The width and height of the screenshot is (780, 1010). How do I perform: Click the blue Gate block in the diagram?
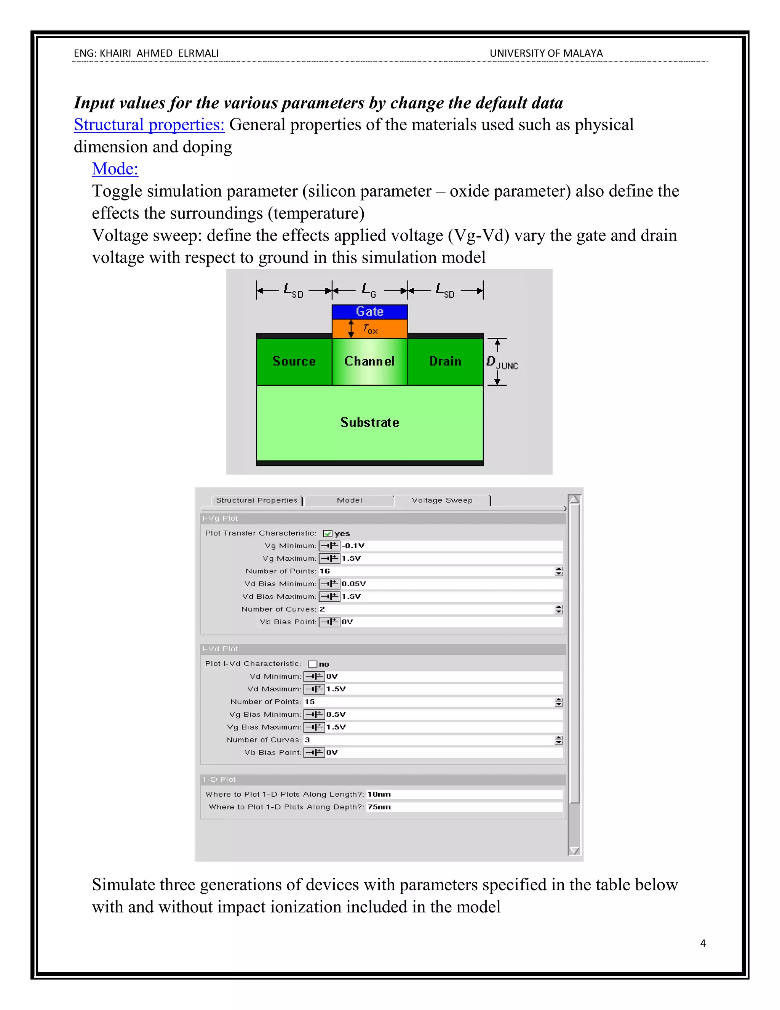pyautogui.click(x=370, y=311)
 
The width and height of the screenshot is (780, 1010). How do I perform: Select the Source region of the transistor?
pyautogui.click(x=294, y=361)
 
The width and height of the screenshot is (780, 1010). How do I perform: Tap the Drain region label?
pyautogui.click(x=445, y=361)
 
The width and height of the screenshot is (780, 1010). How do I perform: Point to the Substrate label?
pyautogui.click(x=370, y=422)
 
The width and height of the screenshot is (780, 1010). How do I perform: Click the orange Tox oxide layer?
pyautogui.click(x=370, y=329)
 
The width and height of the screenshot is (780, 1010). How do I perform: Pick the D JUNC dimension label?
pyautogui.click(x=502, y=362)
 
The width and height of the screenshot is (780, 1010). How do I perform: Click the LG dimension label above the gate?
pyautogui.click(x=369, y=290)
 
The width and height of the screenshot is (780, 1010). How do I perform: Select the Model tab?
pyautogui.click(x=349, y=500)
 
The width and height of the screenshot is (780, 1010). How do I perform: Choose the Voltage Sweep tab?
pyautogui.click(x=442, y=500)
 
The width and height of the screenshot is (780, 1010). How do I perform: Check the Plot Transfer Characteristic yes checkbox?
pyautogui.click(x=328, y=534)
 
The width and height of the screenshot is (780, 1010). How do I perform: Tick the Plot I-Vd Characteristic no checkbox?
pyautogui.click(x=312, y=664)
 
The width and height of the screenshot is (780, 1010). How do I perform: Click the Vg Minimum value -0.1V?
pyautogui.click(x=353, y=546)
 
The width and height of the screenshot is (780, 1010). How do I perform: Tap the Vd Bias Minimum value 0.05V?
pyautogui.click(x=353, y=584)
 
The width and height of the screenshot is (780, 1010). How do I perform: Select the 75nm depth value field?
pyautogui.click(x=379, y=807)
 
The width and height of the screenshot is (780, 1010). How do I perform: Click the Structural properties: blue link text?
pyautogui.click(x=149, y=125)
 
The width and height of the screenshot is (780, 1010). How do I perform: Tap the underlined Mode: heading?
pyautogui.click(x=115, y=169)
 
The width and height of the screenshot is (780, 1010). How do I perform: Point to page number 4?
pyautogui.click(x=703, y=943)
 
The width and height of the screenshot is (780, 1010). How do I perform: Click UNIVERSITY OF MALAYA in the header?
pyautogui.click(x=546, y=54)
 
